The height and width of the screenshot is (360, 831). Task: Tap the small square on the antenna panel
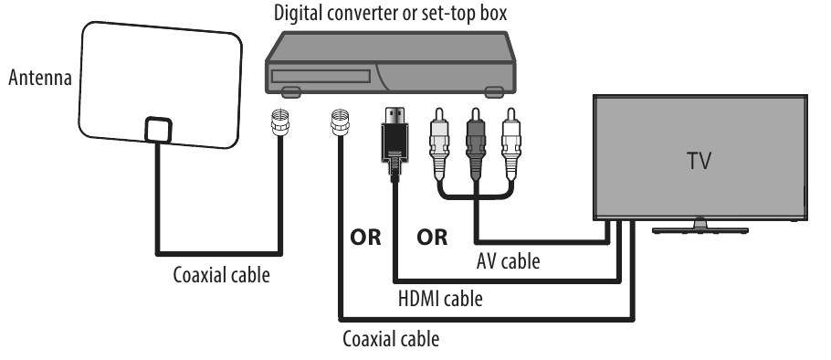157,130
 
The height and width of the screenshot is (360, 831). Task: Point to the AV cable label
508,261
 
